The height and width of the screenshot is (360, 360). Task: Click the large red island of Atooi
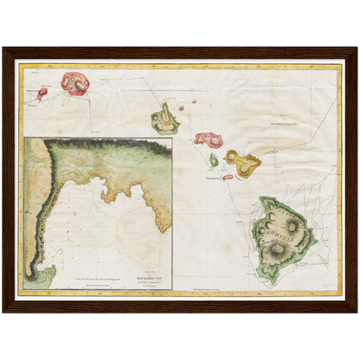click(75, 83)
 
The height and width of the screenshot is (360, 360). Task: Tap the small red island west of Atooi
click(42, 93)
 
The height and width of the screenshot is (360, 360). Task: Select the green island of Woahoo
click(164, 119)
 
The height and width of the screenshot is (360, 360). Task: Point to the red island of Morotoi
click(209, 138)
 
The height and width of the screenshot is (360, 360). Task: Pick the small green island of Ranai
click(214, 160)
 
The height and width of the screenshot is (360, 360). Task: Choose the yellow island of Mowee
click(242, 161)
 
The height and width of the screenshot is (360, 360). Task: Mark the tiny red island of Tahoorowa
click(228, 177)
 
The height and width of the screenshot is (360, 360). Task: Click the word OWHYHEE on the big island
click(279, 230)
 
